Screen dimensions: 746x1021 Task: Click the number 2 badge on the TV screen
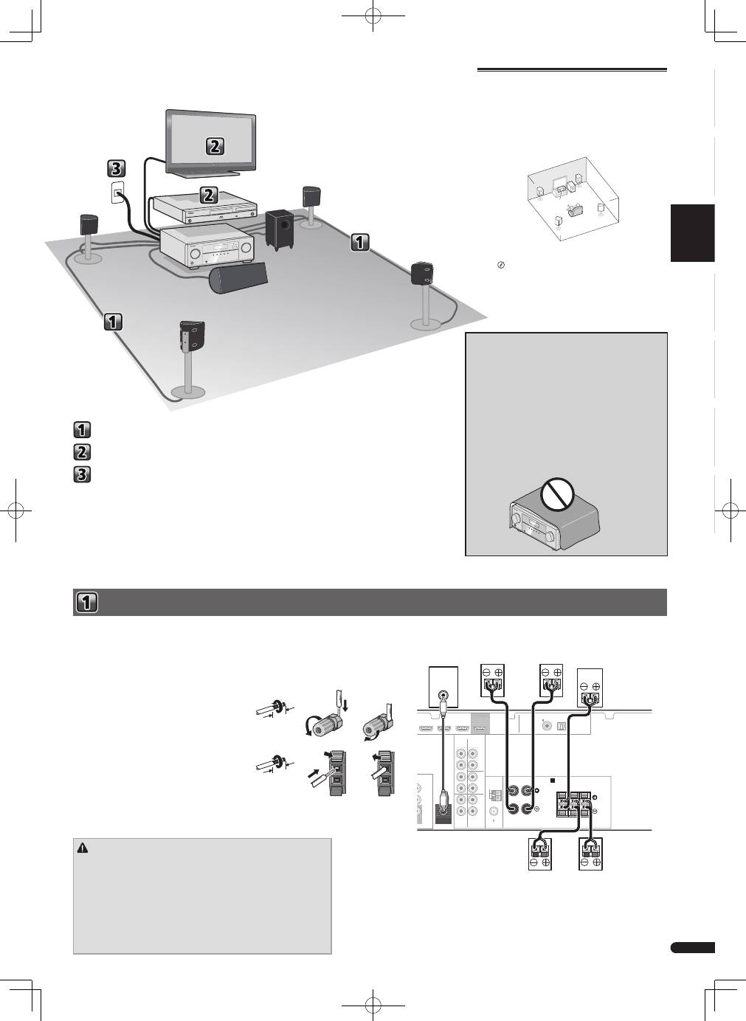[215, 146]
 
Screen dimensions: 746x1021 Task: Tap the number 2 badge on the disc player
[208, 195]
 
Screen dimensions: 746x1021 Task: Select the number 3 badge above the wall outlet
[117, 169]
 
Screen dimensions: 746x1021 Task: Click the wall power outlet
[118, 192]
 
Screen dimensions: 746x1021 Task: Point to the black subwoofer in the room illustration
[279, 229]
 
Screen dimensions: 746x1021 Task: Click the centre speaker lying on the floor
[238, 278]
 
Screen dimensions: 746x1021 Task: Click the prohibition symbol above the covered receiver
[557, 494]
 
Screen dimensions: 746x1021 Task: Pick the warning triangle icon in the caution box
[83, 848]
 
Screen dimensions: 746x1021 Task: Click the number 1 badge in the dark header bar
[86, 602]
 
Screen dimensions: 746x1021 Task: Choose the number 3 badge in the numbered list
[82, 474]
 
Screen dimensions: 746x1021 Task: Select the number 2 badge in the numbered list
[82, 452]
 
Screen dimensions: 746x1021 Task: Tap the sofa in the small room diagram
[574, 210]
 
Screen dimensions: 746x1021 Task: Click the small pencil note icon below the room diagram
[501, 265]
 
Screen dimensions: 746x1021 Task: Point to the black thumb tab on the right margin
[692, 233]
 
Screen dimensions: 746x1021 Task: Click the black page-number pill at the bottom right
[692, 948]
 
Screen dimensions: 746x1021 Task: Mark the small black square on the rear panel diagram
[553, 781]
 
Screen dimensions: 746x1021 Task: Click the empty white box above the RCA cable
[443, 686]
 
